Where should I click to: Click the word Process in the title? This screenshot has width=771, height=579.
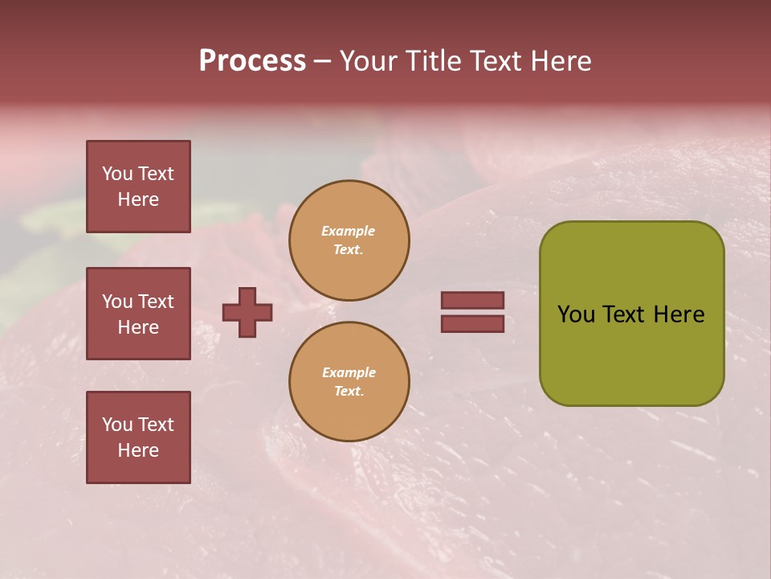[x=252, y=61]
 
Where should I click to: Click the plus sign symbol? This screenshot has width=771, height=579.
[x=247, y=312]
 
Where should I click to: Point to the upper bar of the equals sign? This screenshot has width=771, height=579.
[x=472, y=300]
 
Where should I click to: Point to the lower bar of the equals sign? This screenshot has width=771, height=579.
[x=472, y=323]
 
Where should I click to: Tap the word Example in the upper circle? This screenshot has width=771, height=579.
[x=349, y=232]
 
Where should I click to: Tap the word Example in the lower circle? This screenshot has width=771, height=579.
[x=349, y=373]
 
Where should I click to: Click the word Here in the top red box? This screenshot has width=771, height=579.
[x=138, y=199]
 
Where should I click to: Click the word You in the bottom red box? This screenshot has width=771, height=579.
[x=117, y=425]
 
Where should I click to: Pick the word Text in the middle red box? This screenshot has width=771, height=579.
[x=156, y=302]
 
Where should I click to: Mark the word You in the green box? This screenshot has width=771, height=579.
[x=576, y=314]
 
